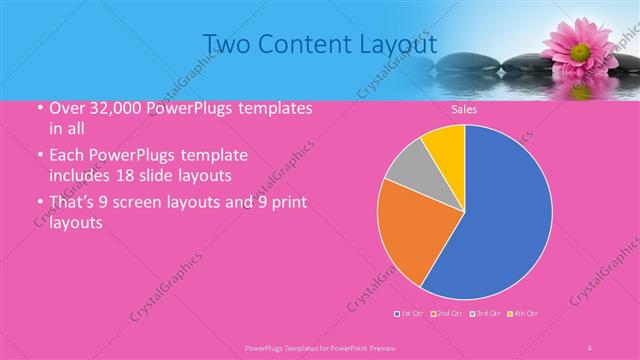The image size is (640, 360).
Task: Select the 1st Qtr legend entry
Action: coord(411,314)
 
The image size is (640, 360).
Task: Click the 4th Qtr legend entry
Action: coord(523,314)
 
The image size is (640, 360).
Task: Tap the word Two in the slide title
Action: coord(227,44)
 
